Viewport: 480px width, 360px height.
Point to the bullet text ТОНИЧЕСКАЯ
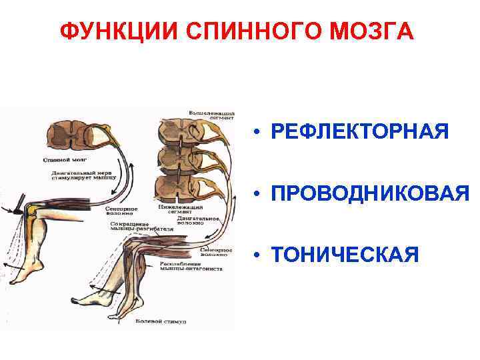pyautogui.click(x=345, y=254)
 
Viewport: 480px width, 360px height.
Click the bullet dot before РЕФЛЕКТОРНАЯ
pyautogui.click(x=256, y=132)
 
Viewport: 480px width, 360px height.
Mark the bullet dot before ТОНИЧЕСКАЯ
pyautogui.click(x=256, y=255)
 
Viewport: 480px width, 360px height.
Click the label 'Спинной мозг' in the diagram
pyautogui.click(x=63, y=160)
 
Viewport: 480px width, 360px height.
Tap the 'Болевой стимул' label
pyautogui.click(x=161, y=322)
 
